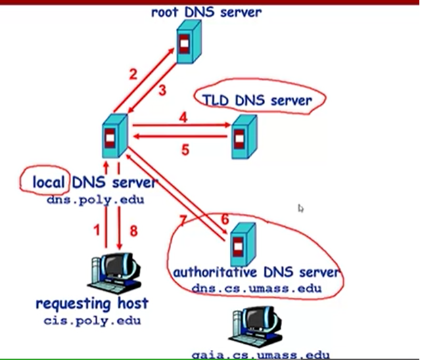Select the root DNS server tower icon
point(189,42)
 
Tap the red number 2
point(133,74)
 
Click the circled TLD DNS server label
point(256,101)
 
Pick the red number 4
point(182,116)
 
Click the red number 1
point(96,231)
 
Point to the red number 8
point(133,231)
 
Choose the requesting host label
point(91,303)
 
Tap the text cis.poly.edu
point(91,320)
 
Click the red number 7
point(182,220)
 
